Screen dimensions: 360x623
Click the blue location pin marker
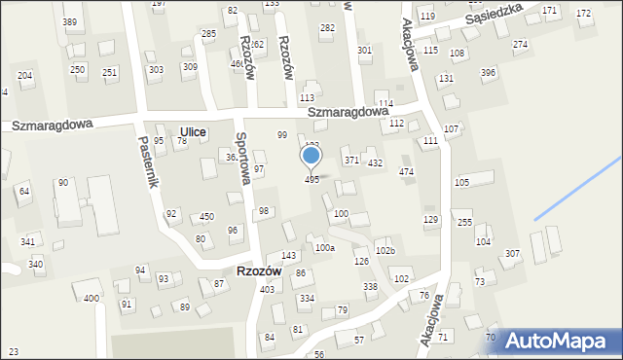click(x=311, y=157)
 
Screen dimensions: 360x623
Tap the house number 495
click(x=311, y=180)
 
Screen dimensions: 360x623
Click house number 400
click(x=91, y=298)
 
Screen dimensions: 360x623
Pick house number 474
click(x=406, y=172)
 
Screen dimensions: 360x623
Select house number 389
click(x=70, y=21)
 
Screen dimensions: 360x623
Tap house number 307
click(x=512, y=254)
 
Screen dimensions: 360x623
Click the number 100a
click(x=324, y=248)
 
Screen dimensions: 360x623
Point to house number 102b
click(x=385, y=251)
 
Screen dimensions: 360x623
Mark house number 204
click(x=25, y=75)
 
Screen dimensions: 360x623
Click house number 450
click(x=206, y=216)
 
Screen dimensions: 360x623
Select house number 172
click(x=583, y=13)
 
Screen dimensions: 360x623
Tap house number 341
click(x=28, y=241)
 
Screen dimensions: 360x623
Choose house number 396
click(x=488, y=73)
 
